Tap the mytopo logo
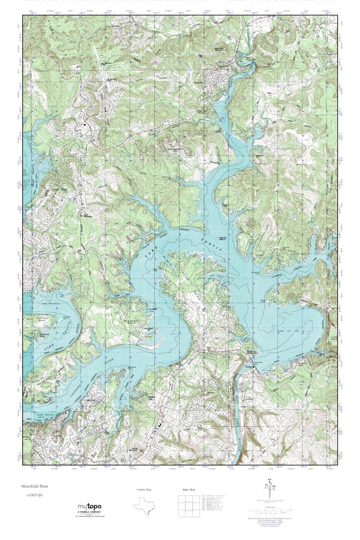point(90,506)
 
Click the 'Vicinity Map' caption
point(144,490)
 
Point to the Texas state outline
point(144,508)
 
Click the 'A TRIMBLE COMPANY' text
point(90,512)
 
